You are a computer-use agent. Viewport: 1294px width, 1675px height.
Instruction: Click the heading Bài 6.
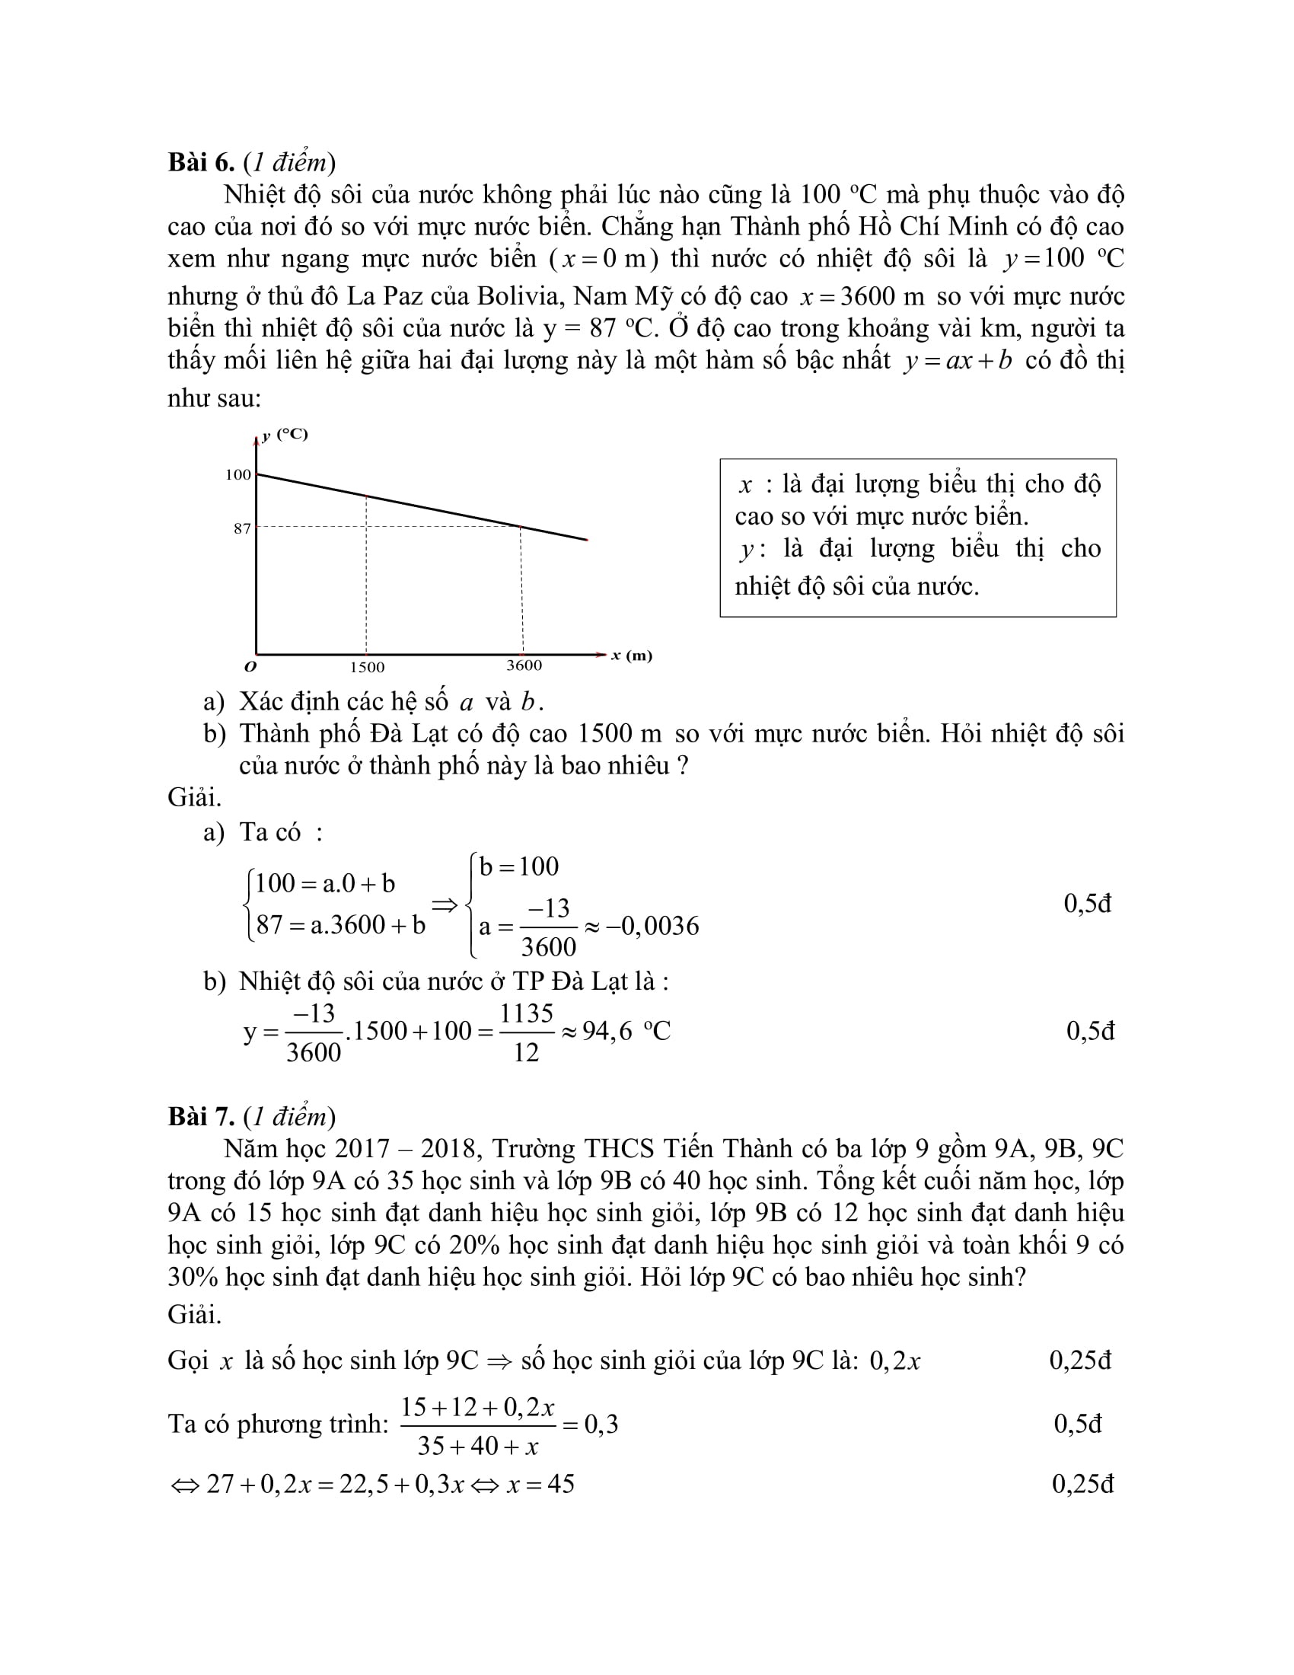click(x=201, y=163)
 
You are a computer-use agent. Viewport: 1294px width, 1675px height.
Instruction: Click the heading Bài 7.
click(x=201, y=1116)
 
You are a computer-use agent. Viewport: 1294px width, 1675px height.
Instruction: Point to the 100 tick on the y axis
click(x=237, y=475)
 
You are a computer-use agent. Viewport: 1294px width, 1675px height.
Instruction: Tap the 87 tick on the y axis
click(x=242, y=528)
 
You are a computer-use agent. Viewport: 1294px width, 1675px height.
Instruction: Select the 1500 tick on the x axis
click(x=367, y=667)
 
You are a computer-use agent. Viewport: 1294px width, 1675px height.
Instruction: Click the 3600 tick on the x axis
click(x=524, y=665)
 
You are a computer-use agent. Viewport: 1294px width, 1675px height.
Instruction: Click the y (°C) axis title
click(x=285, y=435)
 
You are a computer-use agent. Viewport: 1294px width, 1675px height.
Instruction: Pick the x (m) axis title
click(x=632, y=656)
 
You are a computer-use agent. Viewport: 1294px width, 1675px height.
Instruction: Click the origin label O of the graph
click(x=250, y=666)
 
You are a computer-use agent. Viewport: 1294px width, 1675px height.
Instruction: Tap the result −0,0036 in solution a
click(x=652, y=927)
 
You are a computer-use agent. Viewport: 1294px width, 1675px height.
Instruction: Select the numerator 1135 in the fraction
click(x=526, y=1013)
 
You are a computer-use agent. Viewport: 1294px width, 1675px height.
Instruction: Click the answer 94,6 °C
click(x=626, y=1032)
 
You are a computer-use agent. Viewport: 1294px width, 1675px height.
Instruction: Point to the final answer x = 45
click(x=540, y=1484)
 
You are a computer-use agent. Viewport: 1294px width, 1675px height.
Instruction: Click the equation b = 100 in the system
click(x=519, y=866)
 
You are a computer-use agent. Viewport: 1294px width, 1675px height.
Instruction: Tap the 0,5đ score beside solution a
click(x=1087, y=904)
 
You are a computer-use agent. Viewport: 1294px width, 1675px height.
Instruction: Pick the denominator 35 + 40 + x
click(x=477, y=1447)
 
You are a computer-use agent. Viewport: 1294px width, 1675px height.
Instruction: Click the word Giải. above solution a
click(x=195, y=798)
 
